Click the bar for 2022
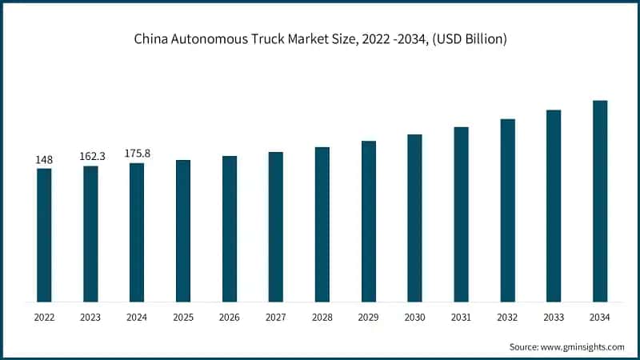[44, 235]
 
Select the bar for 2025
[183, 231]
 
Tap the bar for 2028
[322, 225]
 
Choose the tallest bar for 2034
[600, 202]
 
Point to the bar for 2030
[414, 218]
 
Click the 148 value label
[44, 160]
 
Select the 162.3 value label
[90, 158]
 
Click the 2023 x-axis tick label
[90, 318]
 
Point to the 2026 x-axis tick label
[230, 318]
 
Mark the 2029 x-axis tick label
[368, 318]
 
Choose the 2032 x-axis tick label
[507, 318]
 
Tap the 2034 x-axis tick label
[600, 318]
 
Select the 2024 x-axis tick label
[137, 318]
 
